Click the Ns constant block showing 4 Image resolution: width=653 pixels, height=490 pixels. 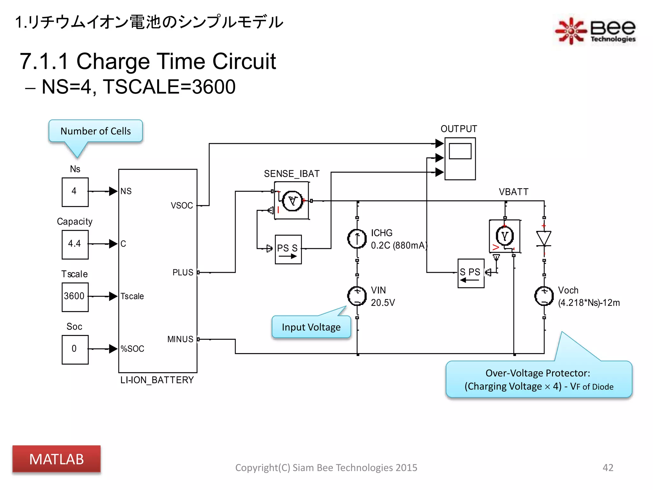pos(75,192)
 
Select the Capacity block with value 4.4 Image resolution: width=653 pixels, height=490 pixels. pos(75,244)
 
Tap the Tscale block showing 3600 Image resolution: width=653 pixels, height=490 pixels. pos(75,297)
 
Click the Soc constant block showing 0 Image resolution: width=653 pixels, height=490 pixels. pos(75,349)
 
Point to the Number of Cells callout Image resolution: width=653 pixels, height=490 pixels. pos(95,131)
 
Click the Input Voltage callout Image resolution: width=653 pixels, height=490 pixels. pos(311,327)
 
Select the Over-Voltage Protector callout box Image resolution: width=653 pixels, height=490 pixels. pos(539,380)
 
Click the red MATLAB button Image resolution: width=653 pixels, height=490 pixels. pos(56,459)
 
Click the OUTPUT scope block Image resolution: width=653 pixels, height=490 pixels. pos(460,159)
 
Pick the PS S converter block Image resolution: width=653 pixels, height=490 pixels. pos(288,249)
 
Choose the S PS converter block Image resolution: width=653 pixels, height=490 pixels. pos(471,273)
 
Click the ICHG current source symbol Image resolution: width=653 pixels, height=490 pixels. pos(357,239)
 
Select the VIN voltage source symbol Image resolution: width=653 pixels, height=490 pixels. pos(357,296)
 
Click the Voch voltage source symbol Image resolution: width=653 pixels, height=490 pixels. pos(544,296)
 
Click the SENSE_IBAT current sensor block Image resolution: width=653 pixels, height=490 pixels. pos(291,201)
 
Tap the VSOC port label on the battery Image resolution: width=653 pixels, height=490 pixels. pos(182,205)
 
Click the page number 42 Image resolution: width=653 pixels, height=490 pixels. pos(608,467)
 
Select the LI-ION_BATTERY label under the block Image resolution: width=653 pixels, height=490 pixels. pos(157,380)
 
